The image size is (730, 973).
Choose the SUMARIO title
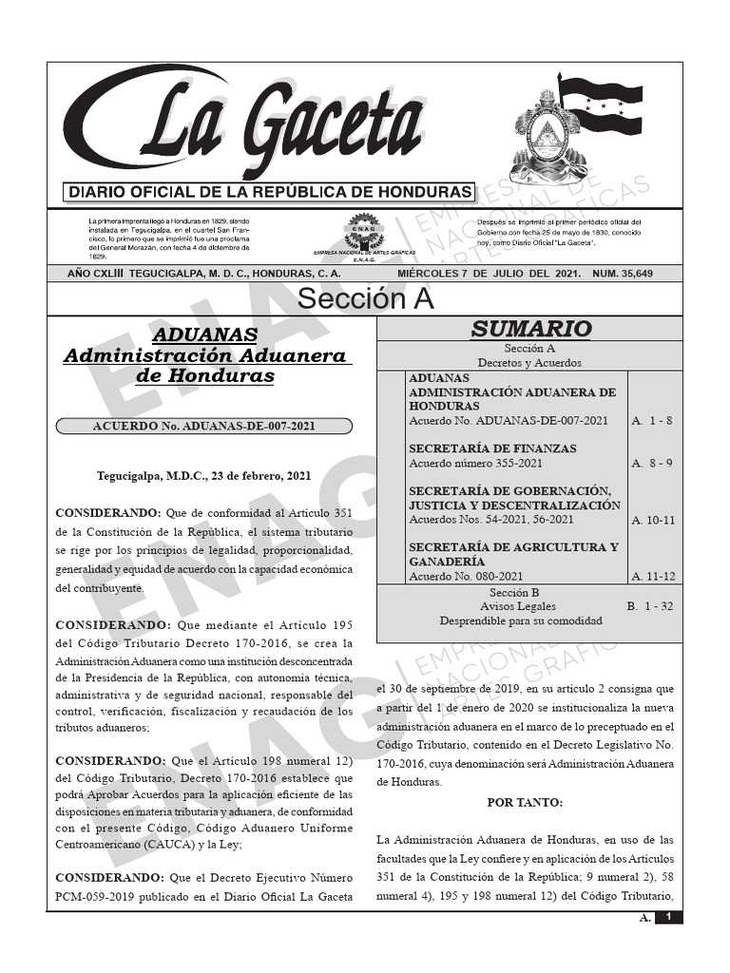click(530, 330)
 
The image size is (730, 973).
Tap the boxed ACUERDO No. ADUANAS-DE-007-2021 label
click(203, 427)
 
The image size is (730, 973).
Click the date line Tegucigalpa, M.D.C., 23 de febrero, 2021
click(203, 475)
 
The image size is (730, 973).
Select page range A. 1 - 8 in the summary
click(652, 420)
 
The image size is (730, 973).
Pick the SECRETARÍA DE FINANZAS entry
click(492, 448)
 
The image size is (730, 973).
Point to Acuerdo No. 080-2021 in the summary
click(466, 576)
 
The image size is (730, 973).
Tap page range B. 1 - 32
click(649, 605)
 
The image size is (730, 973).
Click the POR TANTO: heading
click(525, 802)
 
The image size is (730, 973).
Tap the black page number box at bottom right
click(669, 917)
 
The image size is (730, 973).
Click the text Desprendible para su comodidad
click(520, 620)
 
